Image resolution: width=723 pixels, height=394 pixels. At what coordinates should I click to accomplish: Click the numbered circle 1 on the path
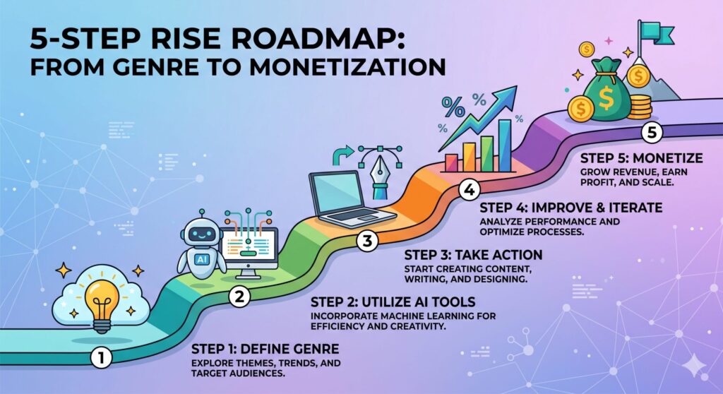coord(101,357)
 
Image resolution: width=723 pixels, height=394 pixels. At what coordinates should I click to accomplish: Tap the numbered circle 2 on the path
coord(240,296)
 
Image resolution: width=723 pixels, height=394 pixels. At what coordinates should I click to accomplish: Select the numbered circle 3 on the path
coord(367,240)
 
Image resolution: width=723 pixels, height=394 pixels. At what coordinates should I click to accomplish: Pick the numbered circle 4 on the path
coord(470,190)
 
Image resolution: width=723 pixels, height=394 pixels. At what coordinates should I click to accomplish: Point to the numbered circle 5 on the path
coord(652,133)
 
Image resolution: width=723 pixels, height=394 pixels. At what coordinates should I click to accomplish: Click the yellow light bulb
coord(102,300)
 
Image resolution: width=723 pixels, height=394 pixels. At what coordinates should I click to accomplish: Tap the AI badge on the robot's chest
coord(201,259)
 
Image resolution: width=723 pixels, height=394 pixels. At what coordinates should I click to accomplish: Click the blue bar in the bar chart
coord(505,145)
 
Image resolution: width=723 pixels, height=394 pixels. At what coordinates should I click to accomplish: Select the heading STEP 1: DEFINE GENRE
coord(265,349)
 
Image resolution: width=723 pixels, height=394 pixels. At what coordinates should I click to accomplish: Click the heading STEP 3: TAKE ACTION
coord(473,255)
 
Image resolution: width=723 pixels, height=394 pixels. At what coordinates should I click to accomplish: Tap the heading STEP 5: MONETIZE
coord(641,158)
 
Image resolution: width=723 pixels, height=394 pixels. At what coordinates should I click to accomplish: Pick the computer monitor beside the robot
coord(250,252)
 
